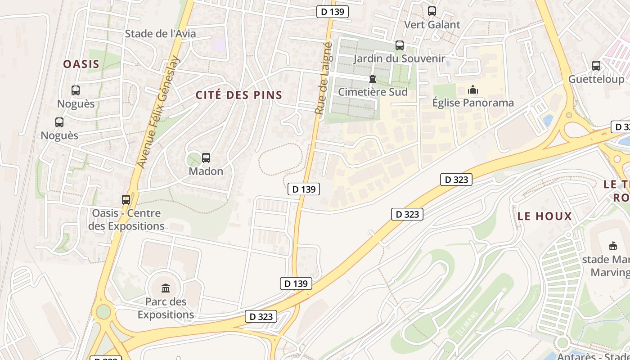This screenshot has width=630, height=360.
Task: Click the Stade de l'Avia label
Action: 160,34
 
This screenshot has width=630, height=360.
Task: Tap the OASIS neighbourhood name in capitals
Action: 81,64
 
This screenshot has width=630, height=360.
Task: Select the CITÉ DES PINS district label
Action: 239,95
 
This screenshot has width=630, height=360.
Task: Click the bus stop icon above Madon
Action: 206,158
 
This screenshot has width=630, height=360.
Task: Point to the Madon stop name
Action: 206,171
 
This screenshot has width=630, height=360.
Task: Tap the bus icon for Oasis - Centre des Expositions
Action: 126,199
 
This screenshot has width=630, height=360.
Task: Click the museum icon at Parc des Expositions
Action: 166,288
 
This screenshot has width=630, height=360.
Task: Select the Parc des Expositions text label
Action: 166,308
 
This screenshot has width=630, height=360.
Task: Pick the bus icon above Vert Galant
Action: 432,11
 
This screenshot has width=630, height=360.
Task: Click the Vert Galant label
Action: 432,25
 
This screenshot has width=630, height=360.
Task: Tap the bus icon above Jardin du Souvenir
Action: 400,45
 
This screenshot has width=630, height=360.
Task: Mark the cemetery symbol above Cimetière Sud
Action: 372,79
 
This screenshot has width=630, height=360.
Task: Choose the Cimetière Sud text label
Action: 373,92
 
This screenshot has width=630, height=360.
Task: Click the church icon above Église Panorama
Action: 473,90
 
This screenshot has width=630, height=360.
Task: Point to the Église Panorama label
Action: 473,103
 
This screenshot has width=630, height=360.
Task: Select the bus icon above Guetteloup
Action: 596,66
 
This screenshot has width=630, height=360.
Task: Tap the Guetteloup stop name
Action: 596,79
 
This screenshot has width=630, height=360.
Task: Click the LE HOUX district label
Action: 544,216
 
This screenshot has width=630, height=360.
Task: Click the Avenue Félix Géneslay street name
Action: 158,112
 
